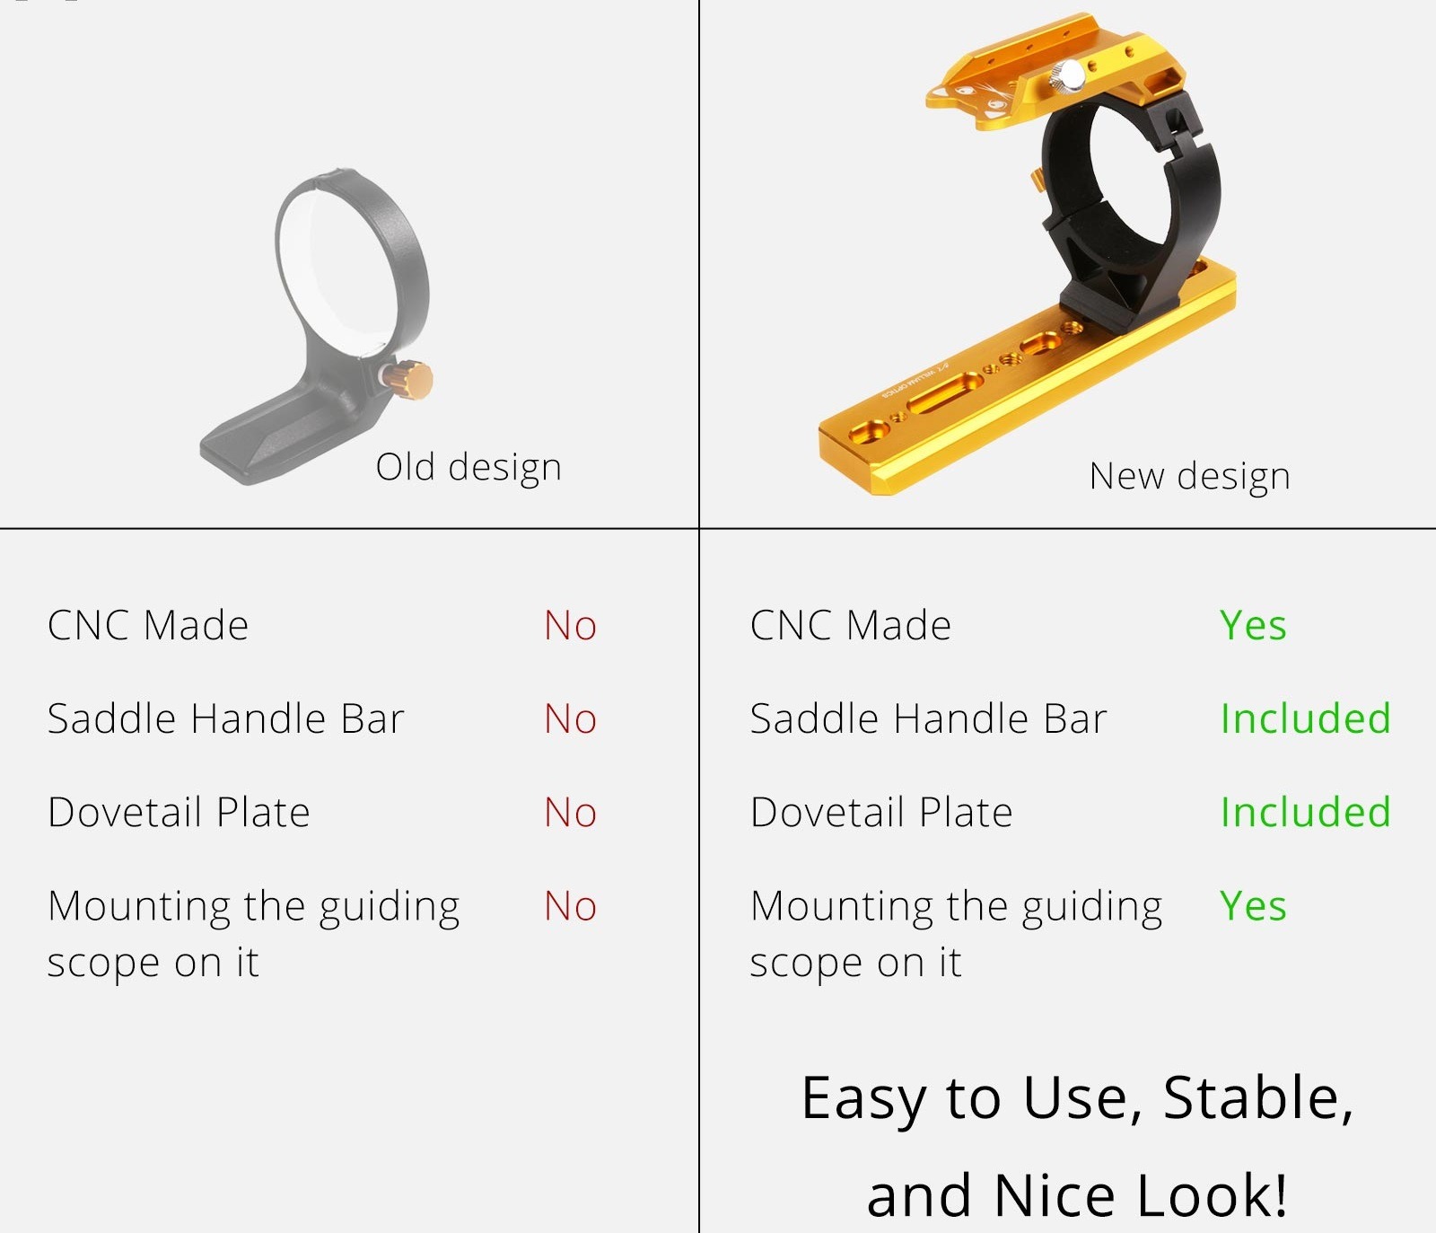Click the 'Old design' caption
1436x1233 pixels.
coord(468,468)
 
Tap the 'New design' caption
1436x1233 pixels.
coord(1189,477)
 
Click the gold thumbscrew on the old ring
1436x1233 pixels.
coord(413,379)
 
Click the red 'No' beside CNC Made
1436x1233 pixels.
coord(570,626)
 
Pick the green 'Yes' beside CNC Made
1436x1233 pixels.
coord(1253,626)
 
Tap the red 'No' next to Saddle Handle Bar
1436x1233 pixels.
coord(570,719)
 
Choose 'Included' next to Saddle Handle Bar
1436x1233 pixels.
coord(1306,719)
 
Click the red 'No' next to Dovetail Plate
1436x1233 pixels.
coord(570,813)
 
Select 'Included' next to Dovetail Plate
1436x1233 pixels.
coord(1306,813)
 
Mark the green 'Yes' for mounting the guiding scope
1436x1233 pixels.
coord(1253,906)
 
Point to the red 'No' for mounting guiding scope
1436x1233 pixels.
coord(570,906)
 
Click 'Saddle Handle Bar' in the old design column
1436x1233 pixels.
coord(226,719)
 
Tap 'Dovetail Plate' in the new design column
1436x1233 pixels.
coord(881,813)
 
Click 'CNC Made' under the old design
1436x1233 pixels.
coord(148,626)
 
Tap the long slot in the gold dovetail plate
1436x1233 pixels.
coord(945,392)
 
